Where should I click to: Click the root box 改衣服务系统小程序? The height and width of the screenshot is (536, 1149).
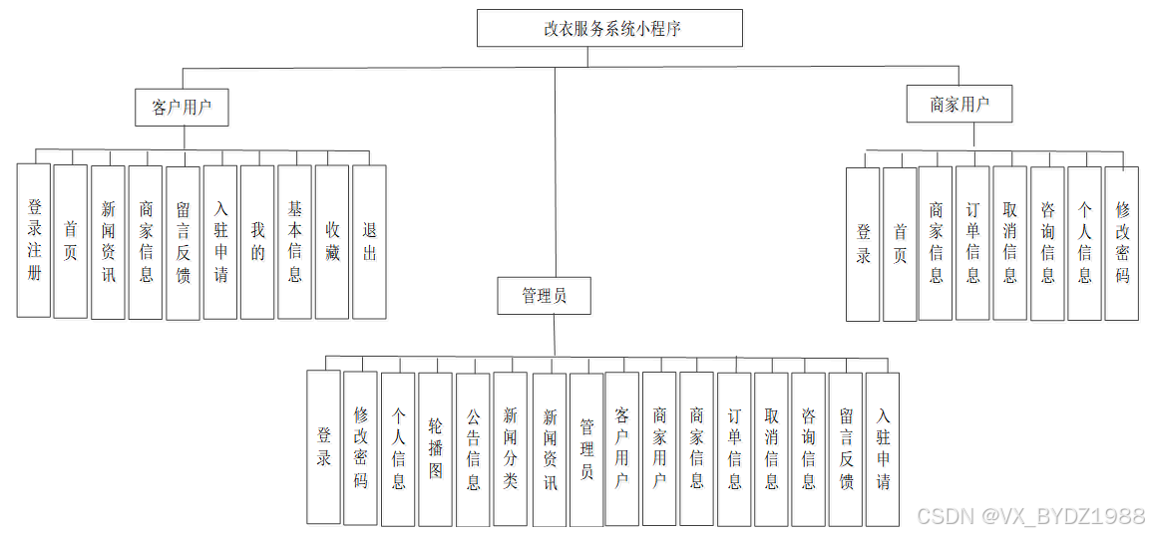click(x=609, y=28)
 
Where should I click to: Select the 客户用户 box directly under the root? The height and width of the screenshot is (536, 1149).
click(x=182, y=107)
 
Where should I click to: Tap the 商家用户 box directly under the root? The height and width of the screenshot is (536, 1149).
click(x=958, y=104)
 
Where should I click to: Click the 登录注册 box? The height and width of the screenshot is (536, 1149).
click(x=34, y=240)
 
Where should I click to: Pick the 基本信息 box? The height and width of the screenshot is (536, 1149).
click(x=294, y=241)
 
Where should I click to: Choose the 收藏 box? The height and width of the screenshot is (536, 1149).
click(x=332, y=241)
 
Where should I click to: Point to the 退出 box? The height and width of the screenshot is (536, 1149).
click(x=369, y=241)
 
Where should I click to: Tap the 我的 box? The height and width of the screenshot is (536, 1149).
click(x=257, y=241)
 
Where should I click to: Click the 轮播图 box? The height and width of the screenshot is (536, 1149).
click(x=436, y=448)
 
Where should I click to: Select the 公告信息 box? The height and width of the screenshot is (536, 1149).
click(x=473, y=448)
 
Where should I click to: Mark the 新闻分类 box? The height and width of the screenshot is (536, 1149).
click(x=510, y=448)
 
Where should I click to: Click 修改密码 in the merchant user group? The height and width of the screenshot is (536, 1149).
click(x=1122, y=243)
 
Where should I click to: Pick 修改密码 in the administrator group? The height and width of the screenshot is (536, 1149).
click(x=360, y=448)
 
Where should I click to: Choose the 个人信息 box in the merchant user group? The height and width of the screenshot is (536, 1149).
click(x=1084, y=243)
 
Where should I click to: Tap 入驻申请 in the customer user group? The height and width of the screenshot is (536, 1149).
click(x=220, y=241)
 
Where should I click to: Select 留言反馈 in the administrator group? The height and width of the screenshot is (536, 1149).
click(x=845, y=448)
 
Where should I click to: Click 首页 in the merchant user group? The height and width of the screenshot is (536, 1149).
click(x=900, y=243)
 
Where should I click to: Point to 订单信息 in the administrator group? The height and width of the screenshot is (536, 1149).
click(x=734, y=448)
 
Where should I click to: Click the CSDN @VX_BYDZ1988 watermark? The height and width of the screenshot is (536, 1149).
click(x=1030, y=516)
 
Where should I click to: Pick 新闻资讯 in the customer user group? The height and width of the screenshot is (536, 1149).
click(x=108, y=241)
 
